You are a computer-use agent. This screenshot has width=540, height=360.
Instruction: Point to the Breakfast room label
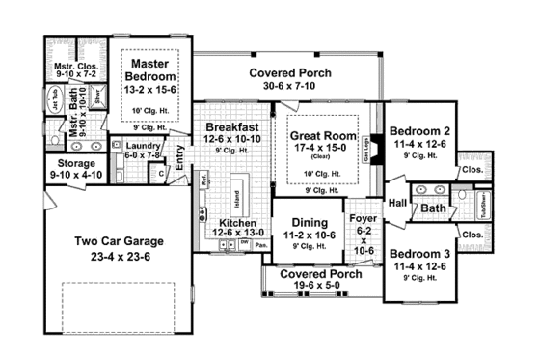231,127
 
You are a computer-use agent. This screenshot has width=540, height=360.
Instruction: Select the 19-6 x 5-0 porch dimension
301,288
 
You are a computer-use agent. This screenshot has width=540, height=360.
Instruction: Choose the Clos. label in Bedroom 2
472,169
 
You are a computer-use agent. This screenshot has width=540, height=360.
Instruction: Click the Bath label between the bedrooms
433,208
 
